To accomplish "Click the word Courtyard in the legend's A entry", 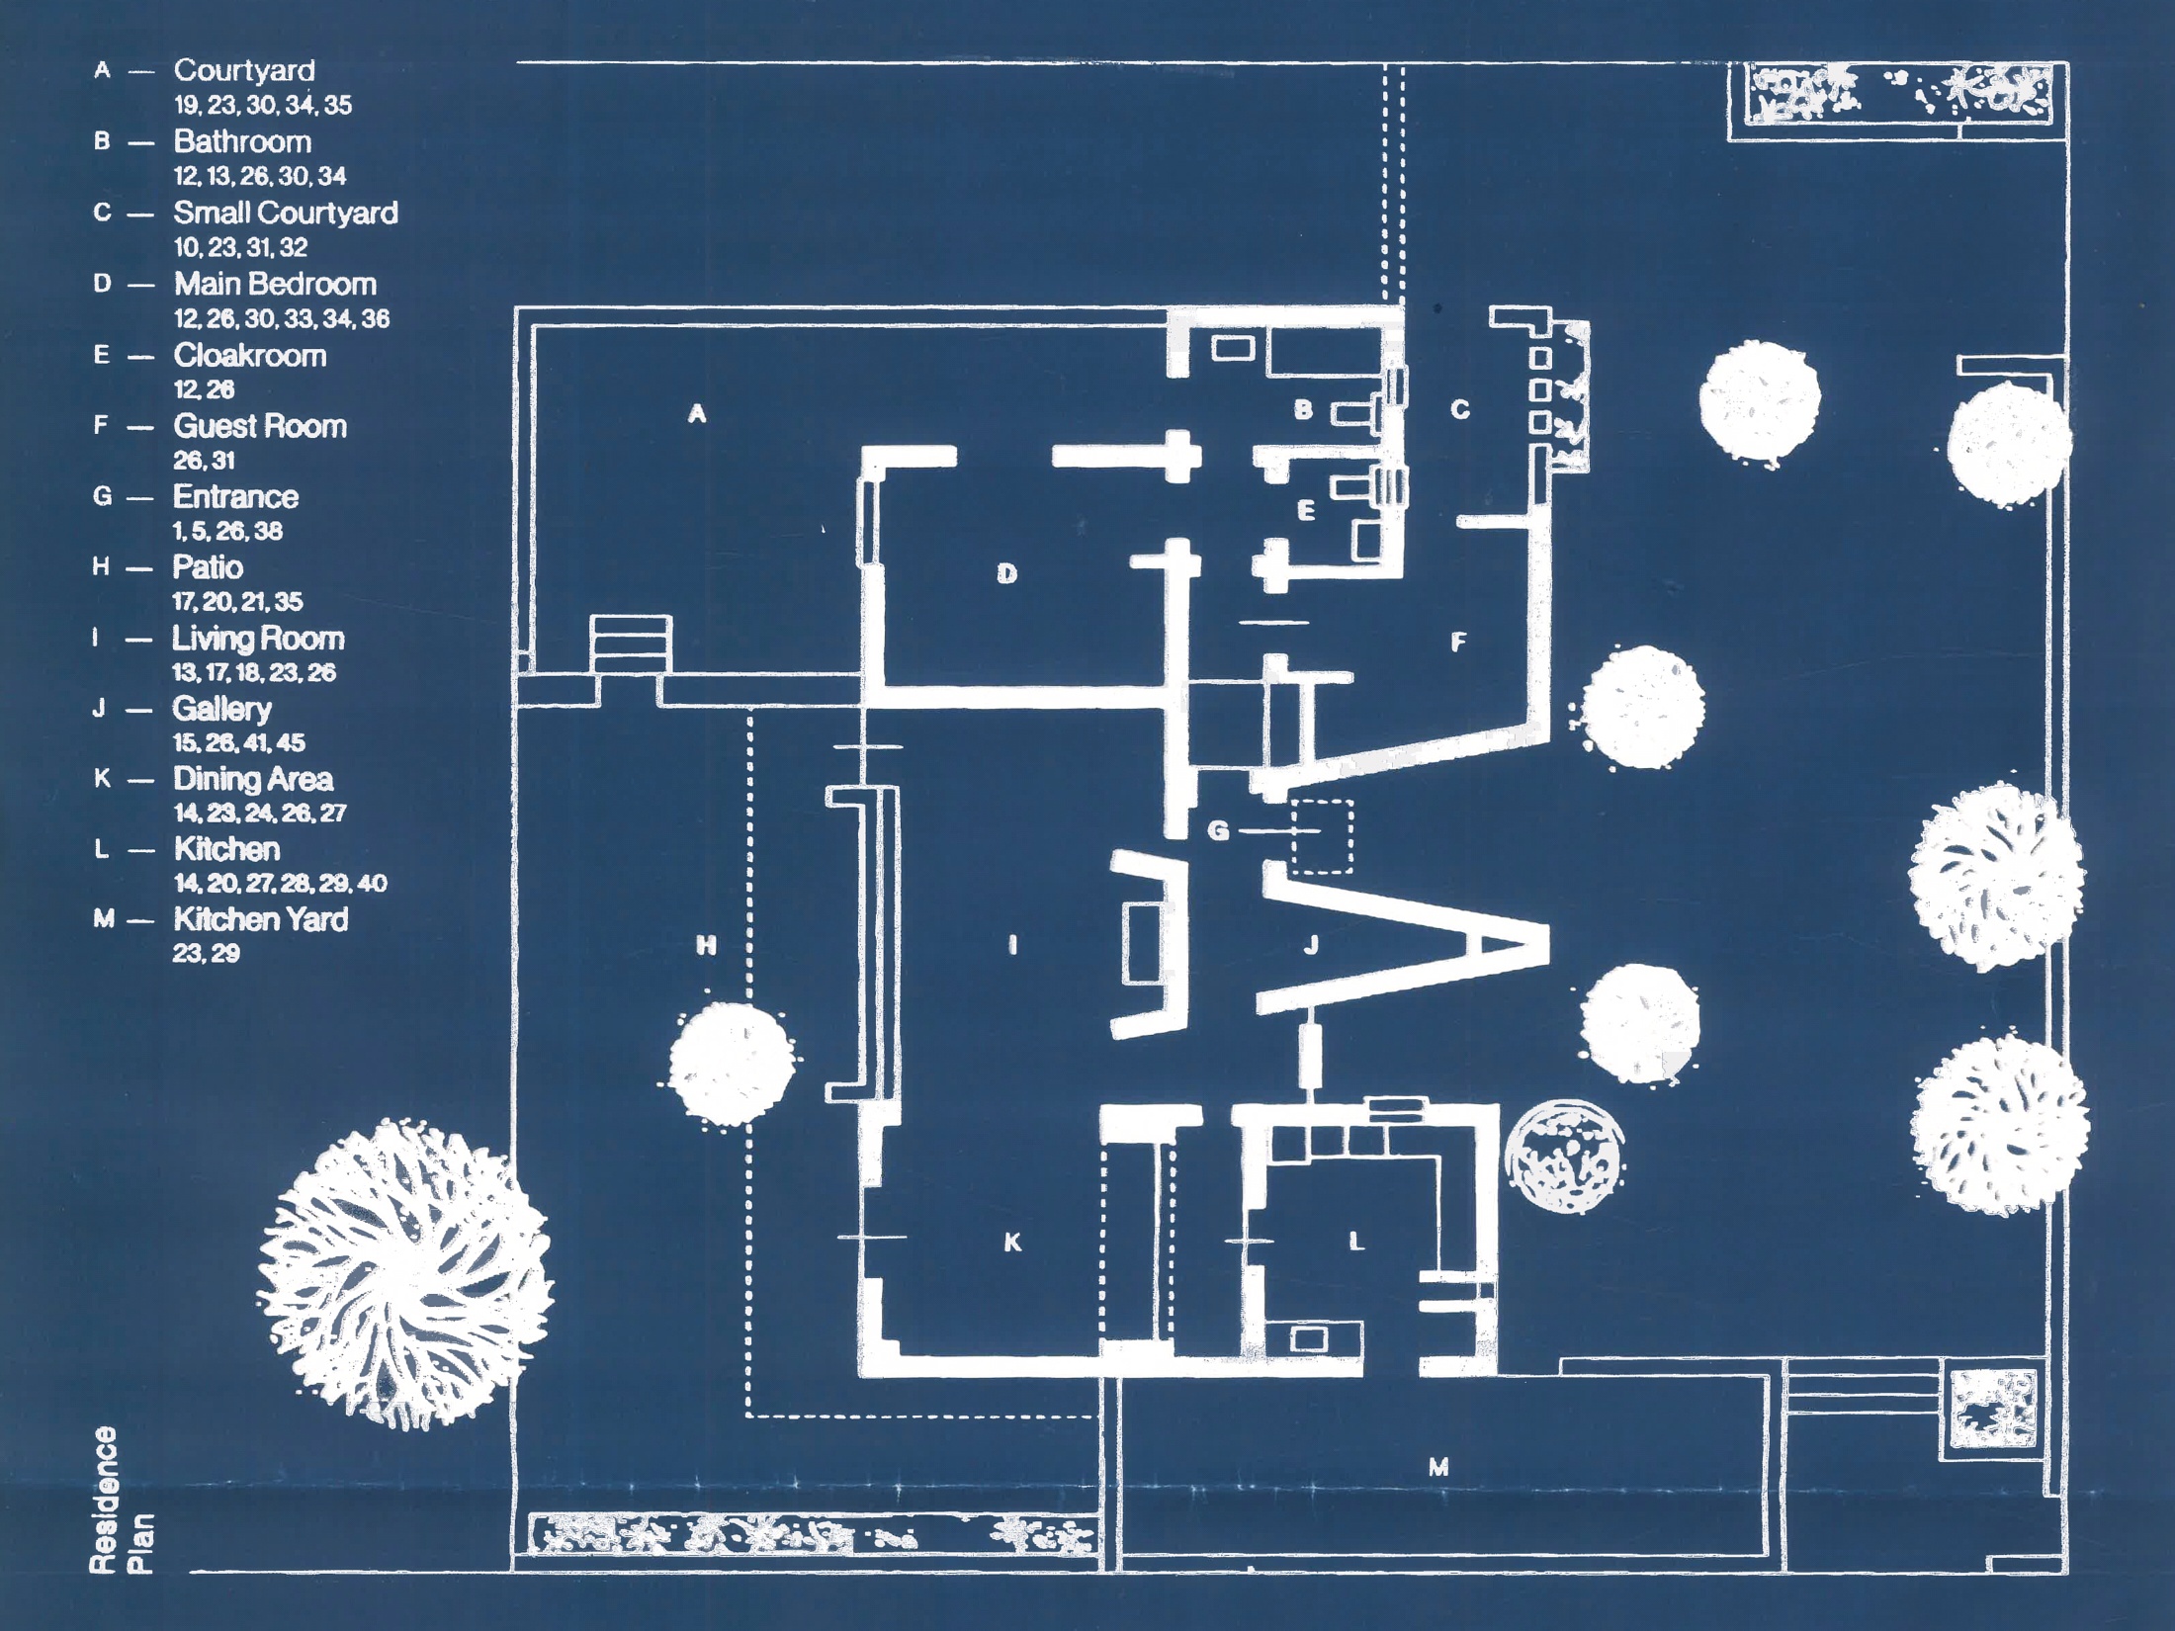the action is [x=244, y=71].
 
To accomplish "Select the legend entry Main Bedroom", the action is [x=275, y=285].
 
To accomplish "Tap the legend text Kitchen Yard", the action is [x=261, y=920].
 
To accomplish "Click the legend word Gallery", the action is [x=221, y=710].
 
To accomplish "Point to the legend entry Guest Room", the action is [x=260, y=427].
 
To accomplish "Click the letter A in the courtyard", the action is [x=697, y=414].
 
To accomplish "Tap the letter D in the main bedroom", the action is [x=1006, y=573].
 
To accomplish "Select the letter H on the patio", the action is [x=706, y=946].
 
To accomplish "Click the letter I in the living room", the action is [x=1012, y=946].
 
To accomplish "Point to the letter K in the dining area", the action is [x=1012, y=1243].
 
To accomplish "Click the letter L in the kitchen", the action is [x=1356, y=1242].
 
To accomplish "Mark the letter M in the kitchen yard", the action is [x=1438, y=1468].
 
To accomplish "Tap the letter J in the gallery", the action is [x=1311, y=946].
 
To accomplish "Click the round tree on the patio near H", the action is [x=732, y=1064].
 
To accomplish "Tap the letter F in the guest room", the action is [x=1457, y=643].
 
